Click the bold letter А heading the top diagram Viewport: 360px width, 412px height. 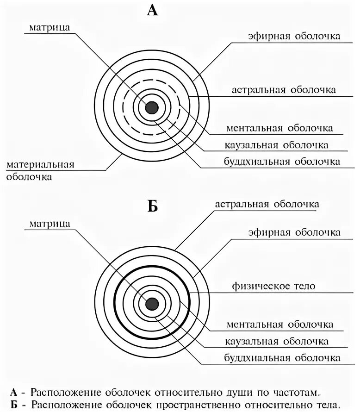coord(152,10)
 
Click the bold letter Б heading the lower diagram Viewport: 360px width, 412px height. coord(152,206)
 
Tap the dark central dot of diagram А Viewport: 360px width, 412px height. coord(152,107)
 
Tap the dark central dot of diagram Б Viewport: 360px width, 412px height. coord(152,304)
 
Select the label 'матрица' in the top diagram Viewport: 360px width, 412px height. coord(50,27)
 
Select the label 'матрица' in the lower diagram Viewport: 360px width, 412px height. coord(50,224)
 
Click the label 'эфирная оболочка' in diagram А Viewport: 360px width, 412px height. coord(294,36)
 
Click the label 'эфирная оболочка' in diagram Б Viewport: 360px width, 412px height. coord(294,232)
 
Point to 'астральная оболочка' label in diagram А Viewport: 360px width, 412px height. coord(284,90)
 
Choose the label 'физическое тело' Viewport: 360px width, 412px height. coord(273,286)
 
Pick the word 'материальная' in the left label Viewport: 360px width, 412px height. coord(40,165)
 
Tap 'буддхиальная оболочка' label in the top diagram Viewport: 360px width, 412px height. coord(282,162)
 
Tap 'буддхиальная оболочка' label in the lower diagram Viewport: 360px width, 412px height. coord(282,358)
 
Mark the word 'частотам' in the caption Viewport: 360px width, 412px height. coord(290,393)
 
